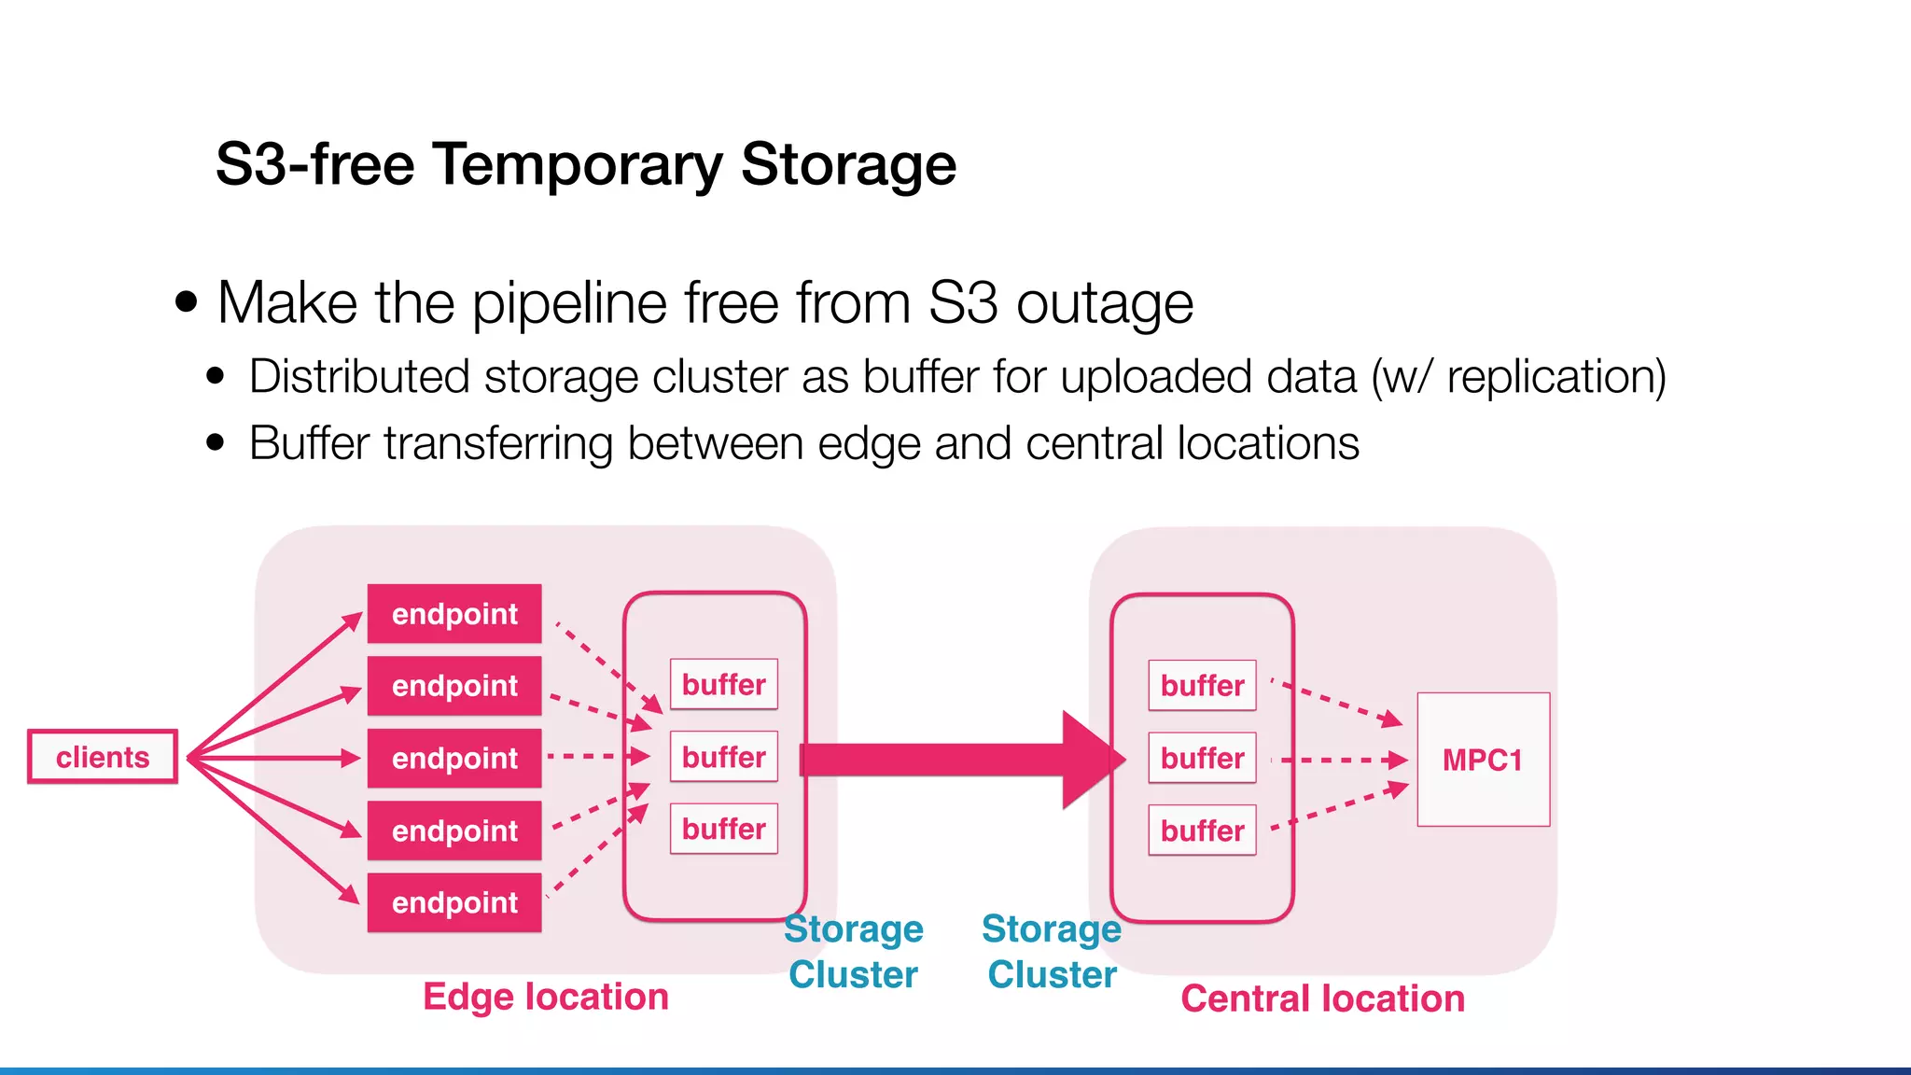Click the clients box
pyautogui.click(x=103, y=757)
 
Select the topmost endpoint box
pyautogui.click(x=454, y=614)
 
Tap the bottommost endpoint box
pyautogui.click(x=454, y=902)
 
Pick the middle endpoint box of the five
pyautogui.click(x=454, y=758)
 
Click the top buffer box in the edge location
pyautogui.click(x=723, y=684)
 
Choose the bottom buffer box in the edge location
pyautogui.click(x=723, y=829)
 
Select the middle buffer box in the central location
pyautogui.click(x=1202, y=758)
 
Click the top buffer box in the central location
pyautogui.click(x=1202, y=686)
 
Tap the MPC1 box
pyautogui.click(x=1483, y=760)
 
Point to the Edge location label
pyautogui.click(x=546, y=997)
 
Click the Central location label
pyautogui.click(x=1322, y=998)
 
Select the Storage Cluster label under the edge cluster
pyautogui.click(x=854, y=952)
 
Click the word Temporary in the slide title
pyautogui.click(x=578, y=165)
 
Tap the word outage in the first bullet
pyautogui.click(x=1104, y=303)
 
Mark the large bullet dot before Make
pyautogui.click(x=187, y=302)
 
